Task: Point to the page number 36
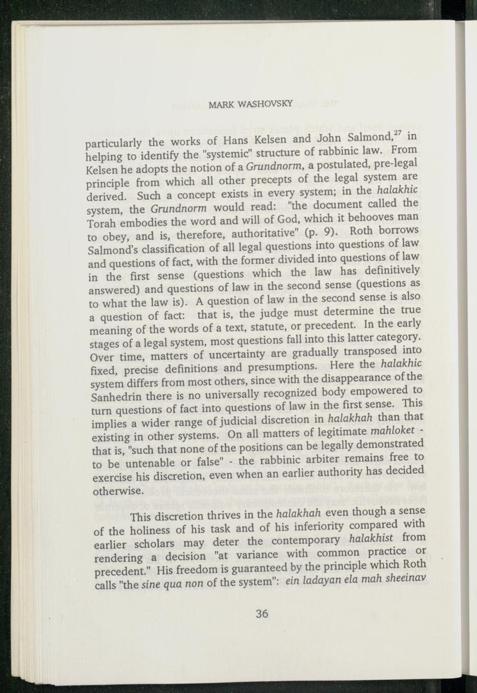coord(262,613)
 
